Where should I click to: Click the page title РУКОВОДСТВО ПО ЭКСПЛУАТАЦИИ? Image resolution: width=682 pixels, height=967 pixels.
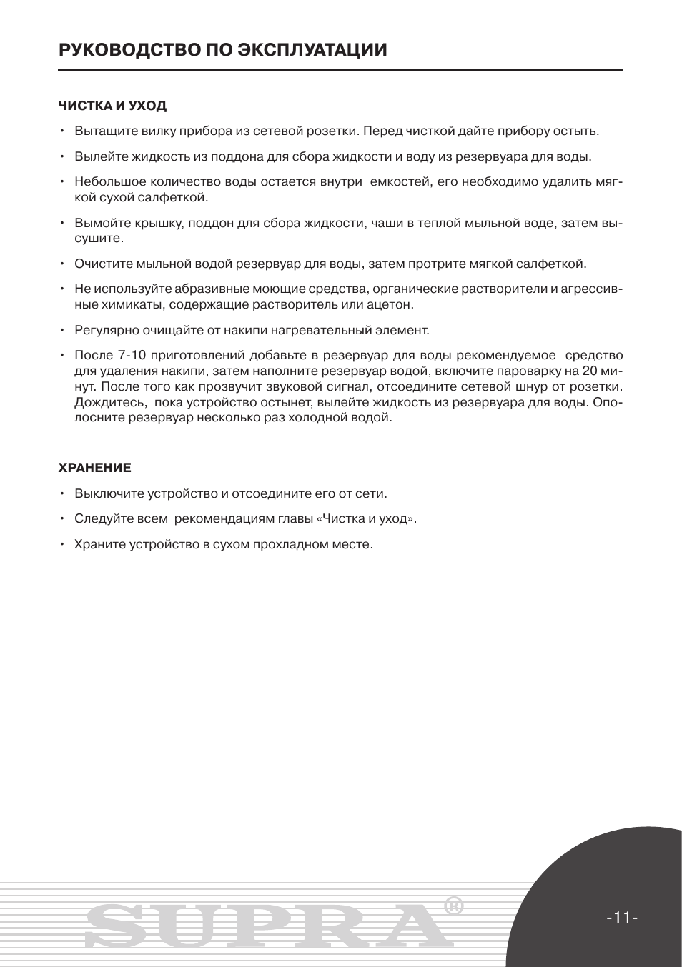pos(223,49)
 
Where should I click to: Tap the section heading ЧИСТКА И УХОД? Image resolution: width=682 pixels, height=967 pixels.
pos(112,106)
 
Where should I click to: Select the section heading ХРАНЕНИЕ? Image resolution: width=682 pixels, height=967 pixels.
pos(94,468)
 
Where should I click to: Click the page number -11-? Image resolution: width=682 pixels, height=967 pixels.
pos(621,917)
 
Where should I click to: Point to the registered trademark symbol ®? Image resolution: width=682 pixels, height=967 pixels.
pos(453,906)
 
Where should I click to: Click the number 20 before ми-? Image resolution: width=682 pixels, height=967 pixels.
pos(589,371)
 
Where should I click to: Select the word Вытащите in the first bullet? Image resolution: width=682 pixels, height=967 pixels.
pos(101,131)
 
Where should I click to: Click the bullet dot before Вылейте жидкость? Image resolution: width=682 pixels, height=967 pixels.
pos(63,157)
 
